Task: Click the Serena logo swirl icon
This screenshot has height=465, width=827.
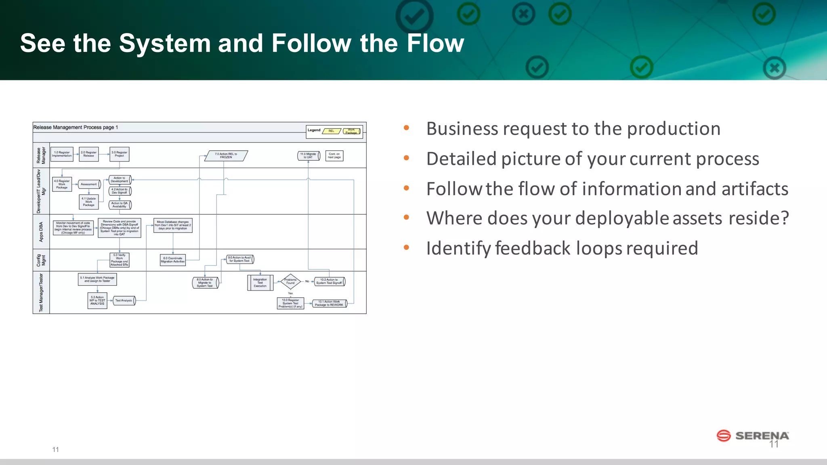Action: click(723, 436)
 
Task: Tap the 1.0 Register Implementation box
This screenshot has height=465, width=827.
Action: click(62, 154)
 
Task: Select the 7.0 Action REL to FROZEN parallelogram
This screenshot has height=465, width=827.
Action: click(226, 156)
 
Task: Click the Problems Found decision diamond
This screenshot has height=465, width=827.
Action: click(290, 281)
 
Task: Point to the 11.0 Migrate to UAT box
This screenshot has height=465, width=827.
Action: click(309, 155)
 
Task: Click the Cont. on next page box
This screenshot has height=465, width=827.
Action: click(334, 155)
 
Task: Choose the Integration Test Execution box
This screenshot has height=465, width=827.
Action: click(260, 283)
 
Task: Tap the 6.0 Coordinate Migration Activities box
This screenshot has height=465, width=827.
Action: click(173, 260)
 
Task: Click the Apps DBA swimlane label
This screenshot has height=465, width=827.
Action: click(41, 232)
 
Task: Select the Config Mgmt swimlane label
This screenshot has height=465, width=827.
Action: click(41, 260)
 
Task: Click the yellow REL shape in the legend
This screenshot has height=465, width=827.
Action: click(332, 131)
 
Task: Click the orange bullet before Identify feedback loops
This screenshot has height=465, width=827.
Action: click(406, 247)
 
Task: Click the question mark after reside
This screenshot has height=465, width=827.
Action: click(784, 218)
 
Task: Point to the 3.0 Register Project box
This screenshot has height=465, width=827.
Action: click(120, 154)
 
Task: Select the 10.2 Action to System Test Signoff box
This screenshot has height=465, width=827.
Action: click(329, 281)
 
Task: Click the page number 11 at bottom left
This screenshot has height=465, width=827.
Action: click(56, 449)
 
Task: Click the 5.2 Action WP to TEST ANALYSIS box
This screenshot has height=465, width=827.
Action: click(97, 301)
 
